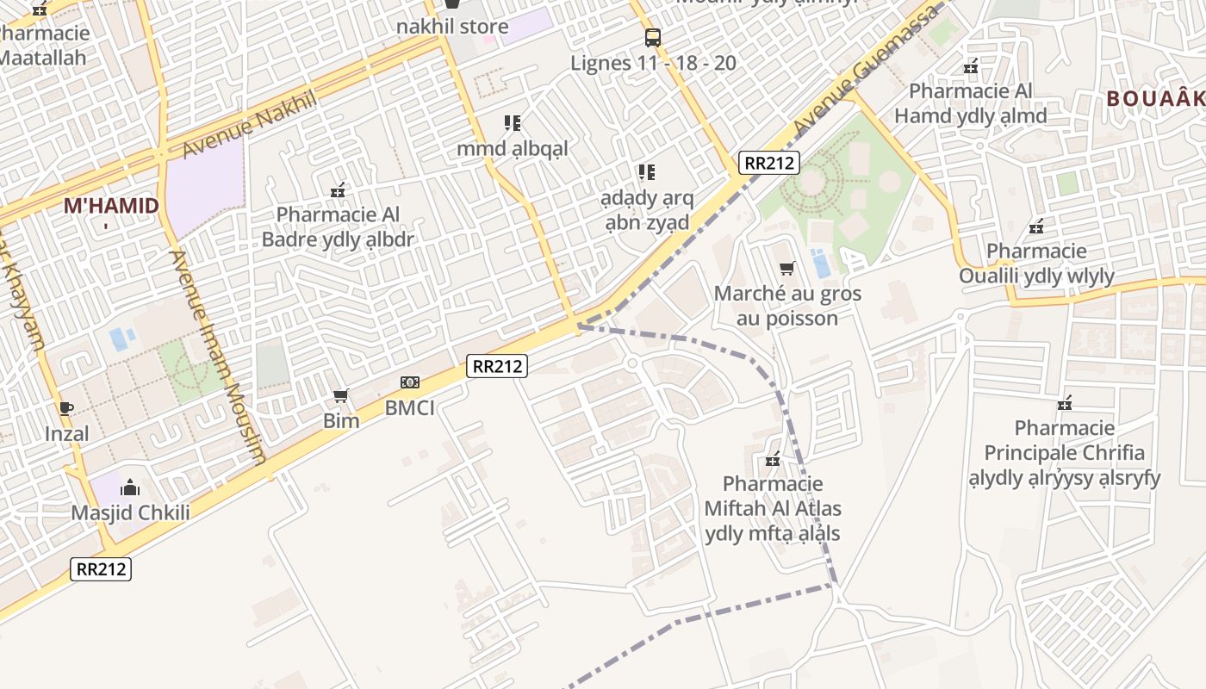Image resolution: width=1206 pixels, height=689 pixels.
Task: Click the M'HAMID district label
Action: (111, 206)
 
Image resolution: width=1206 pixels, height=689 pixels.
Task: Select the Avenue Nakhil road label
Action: (250, 126)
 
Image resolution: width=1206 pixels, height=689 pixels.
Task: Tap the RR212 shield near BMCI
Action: (497, 366)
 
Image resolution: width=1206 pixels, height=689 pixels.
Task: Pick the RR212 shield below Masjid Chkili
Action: (101, 569)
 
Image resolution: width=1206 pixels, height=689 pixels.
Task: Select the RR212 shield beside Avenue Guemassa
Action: (769, 163)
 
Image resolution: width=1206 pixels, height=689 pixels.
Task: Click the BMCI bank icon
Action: (410, 382)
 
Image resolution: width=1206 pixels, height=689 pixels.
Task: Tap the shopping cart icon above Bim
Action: (341, 396)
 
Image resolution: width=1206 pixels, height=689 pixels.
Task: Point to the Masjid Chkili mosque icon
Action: (130, 488)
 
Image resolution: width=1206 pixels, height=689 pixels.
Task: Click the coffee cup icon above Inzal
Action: (66, 408)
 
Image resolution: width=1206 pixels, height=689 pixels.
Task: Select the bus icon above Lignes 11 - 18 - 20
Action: (653, 38)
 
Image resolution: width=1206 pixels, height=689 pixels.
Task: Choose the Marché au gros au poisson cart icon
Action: (786, 269)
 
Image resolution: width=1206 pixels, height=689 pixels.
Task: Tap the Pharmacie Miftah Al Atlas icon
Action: (773, 459)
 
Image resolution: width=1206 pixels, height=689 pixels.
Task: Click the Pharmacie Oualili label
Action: (1037, 264)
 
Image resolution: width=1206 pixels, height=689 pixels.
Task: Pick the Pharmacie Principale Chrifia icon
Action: (1065, 403)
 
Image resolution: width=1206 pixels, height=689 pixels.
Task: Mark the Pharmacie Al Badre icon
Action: (338, 190)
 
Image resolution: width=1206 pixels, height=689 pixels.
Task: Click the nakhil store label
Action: (452, 26)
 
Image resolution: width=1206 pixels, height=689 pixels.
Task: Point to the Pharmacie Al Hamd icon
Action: (971, 66)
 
